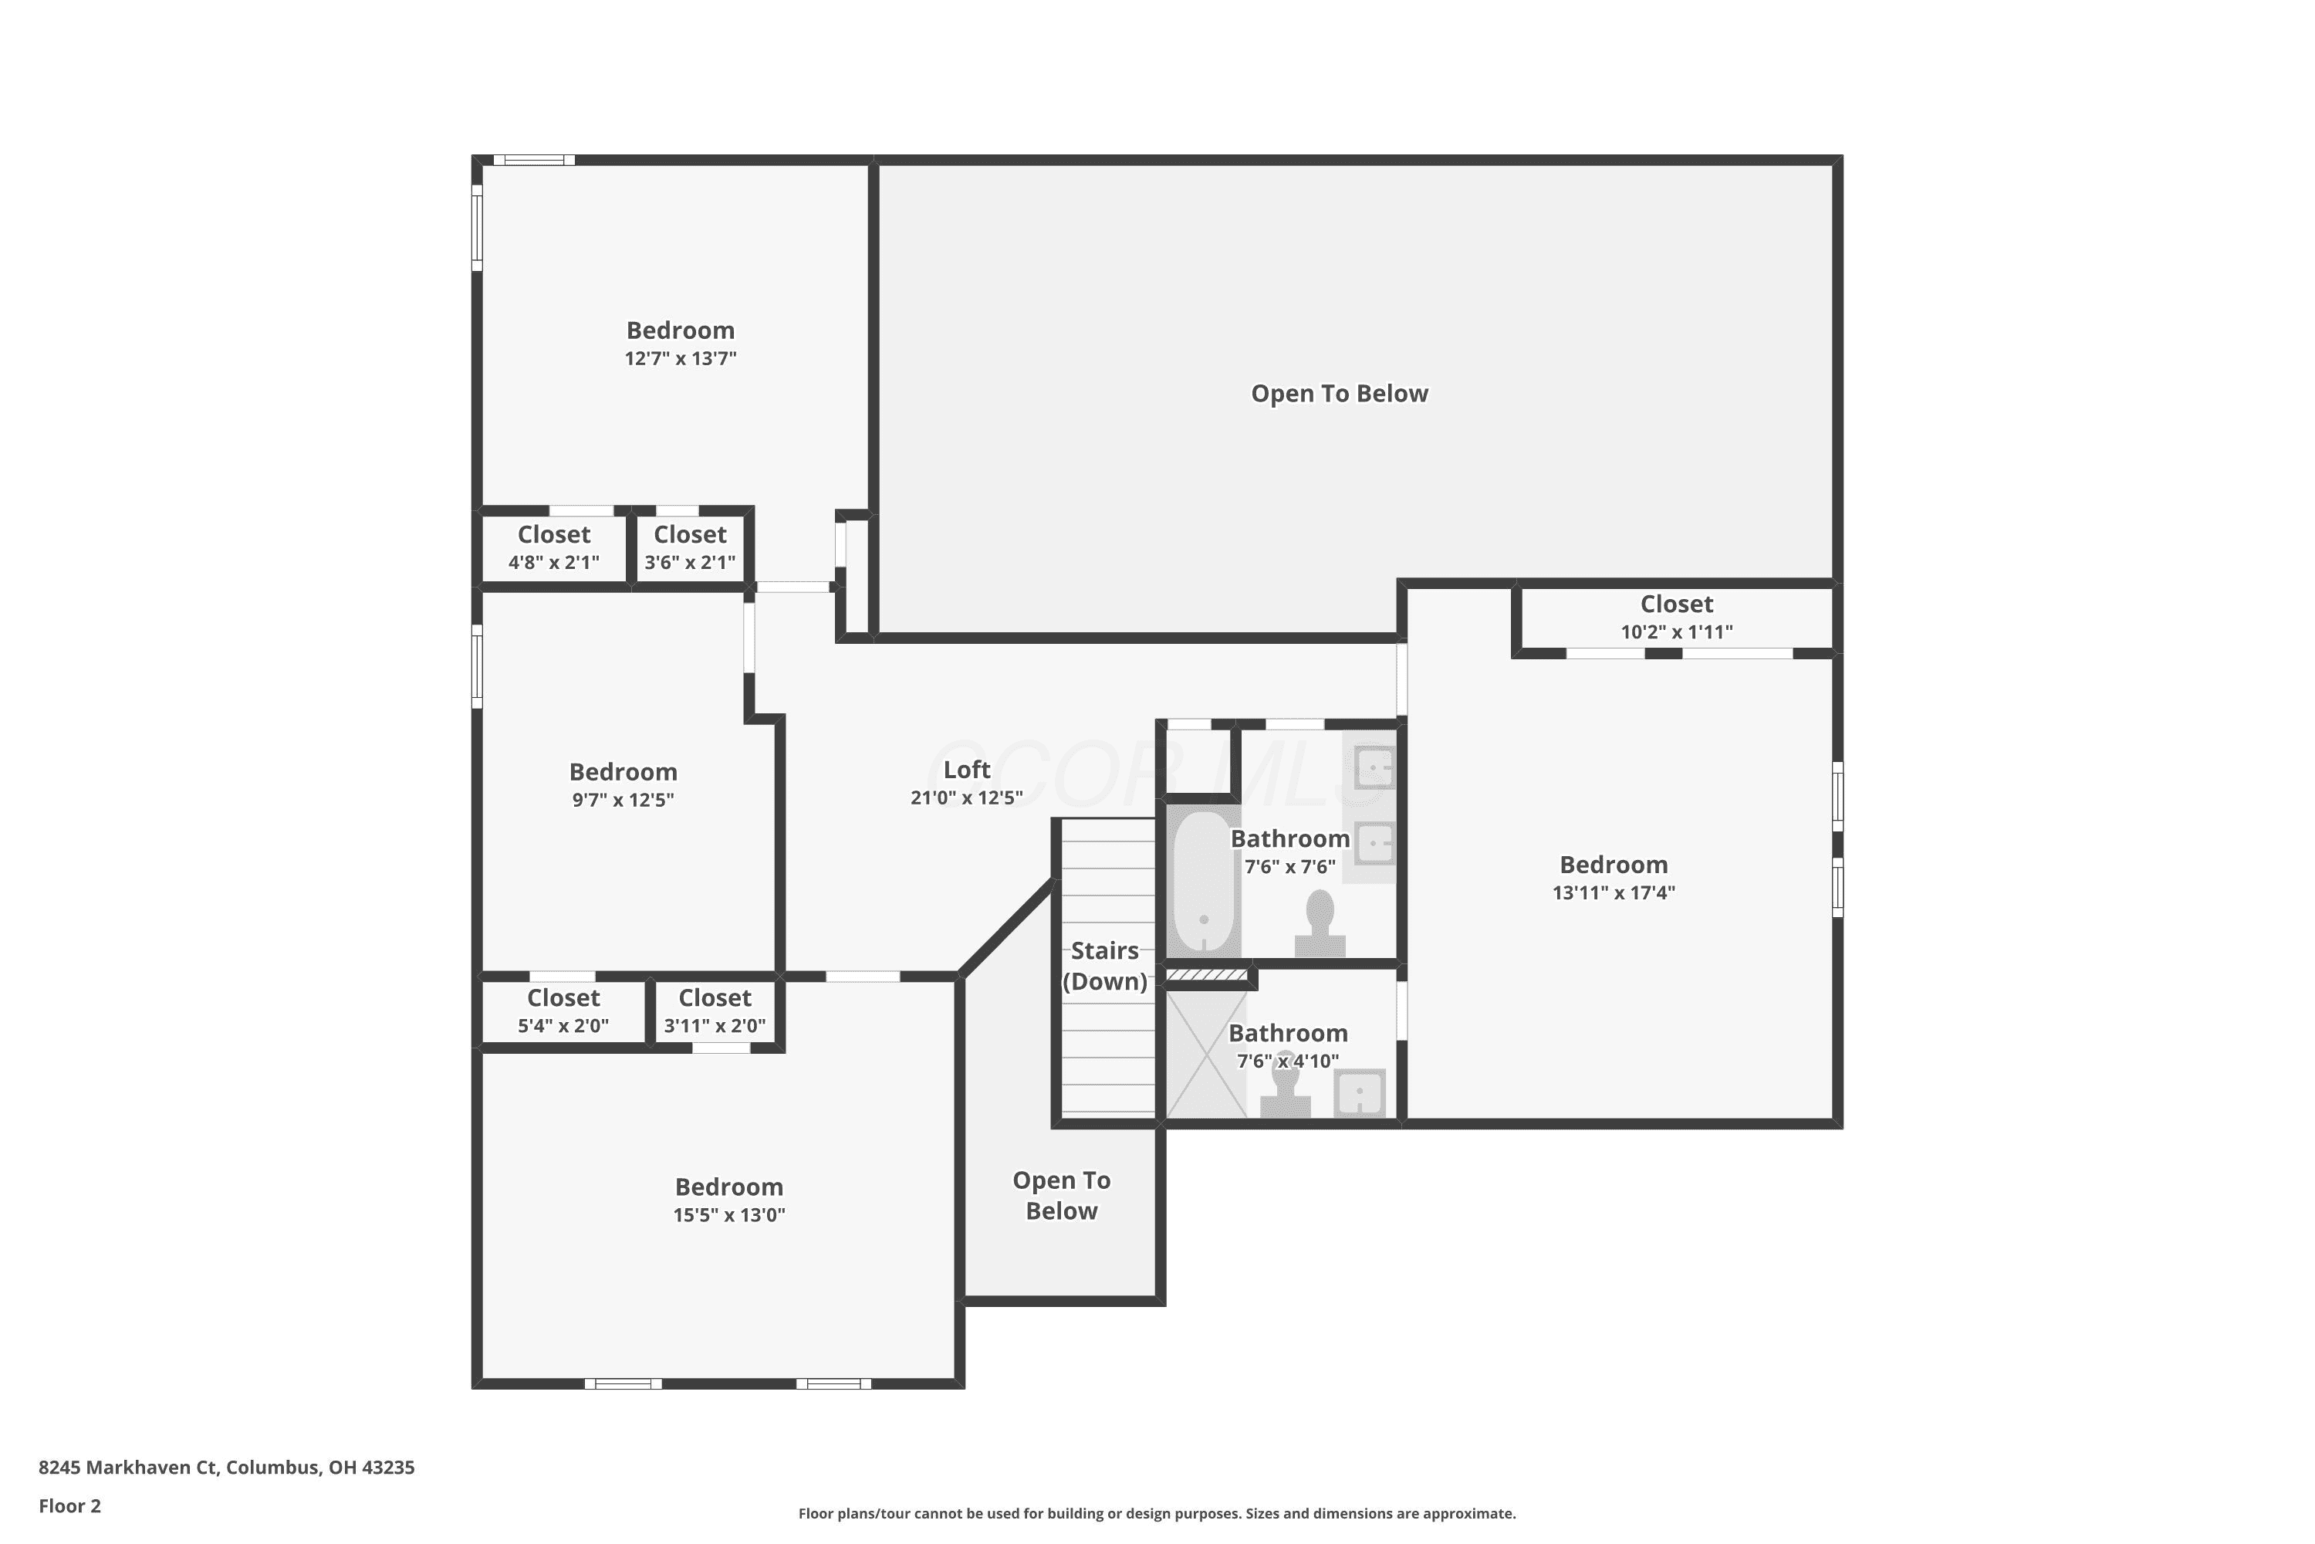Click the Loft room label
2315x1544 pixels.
(967, 770)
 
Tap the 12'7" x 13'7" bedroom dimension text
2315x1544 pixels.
(680, 358)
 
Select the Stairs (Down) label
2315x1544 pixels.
(1104, 966)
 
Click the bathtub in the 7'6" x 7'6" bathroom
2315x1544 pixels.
(1204, 882)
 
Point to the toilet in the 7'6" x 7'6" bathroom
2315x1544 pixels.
(1320, 923)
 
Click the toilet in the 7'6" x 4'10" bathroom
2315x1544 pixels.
(1286, 1085)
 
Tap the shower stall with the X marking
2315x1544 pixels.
(1207, 1055)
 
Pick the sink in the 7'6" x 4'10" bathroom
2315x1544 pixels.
(1359, 1094)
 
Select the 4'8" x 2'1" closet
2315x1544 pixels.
(554, 548)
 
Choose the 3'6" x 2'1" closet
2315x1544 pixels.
(690, 548)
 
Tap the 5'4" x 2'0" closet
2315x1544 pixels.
(563, 1011)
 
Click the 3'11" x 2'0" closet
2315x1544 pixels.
(715, 1011)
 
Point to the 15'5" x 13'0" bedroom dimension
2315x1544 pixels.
(729, 1215)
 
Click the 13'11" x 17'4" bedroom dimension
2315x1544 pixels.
(1614, 893)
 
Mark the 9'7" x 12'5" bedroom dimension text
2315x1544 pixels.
(623, 801)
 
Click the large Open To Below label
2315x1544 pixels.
(1340, 394)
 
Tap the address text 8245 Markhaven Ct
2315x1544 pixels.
(127, 1468)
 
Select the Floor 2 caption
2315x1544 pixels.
(70, 1505)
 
